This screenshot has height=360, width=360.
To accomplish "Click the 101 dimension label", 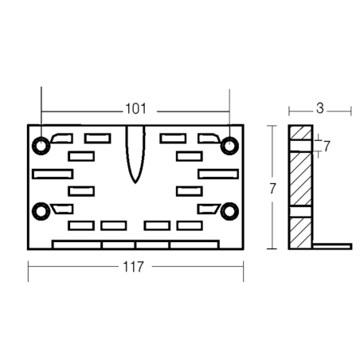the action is (x=135, y=109).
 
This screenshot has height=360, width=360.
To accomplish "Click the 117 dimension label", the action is (x=134, y=267).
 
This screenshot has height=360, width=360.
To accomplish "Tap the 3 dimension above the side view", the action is (x=320, y=108).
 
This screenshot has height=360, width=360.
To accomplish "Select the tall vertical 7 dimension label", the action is (x=272, y=189).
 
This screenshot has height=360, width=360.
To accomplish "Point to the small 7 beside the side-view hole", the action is (x=327, y=146).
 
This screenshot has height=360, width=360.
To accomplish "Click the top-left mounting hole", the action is (x=41, y=146).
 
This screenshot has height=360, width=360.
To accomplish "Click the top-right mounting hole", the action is (x=229, y=146).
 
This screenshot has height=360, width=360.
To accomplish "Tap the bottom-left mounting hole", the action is (x=41, y=211).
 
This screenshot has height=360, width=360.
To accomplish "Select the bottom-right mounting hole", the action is (x=229, y=211).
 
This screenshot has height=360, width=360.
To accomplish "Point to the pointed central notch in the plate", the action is (x=135, y=154).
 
